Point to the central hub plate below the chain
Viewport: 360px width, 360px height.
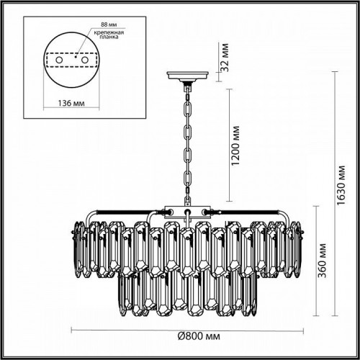[186, 212]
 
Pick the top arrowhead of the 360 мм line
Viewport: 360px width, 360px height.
[314, 206]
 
